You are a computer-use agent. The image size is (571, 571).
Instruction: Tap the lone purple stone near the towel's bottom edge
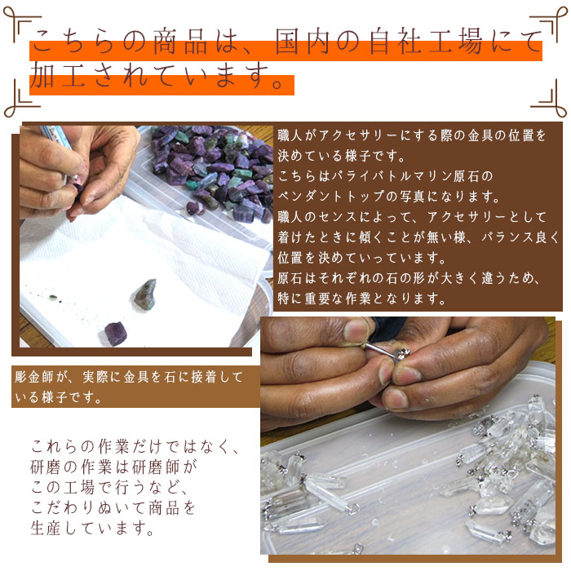(115, 333)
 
